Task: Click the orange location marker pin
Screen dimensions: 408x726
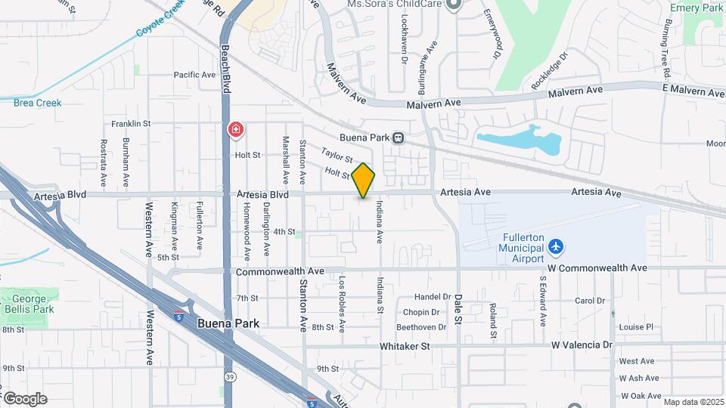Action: point(363,181)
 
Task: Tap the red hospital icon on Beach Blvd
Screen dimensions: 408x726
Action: point(236,130)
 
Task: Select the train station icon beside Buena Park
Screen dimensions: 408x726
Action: point(398,138)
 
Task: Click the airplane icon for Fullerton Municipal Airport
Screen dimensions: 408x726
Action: point(557,246)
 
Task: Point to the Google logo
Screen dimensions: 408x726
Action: point(25,398)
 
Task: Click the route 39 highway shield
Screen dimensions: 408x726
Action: point(229,376)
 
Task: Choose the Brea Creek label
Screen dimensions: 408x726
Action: point(37,103)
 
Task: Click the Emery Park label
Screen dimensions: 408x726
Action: point(697,8)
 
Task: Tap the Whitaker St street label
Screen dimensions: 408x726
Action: point(405,345)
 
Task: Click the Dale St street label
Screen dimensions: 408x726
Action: point(458,311)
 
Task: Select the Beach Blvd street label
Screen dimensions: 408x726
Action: point(225,68)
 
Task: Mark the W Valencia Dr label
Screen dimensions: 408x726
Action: point(582,345)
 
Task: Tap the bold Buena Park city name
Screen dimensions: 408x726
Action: point(228,323)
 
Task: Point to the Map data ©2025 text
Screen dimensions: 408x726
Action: point(692,402)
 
